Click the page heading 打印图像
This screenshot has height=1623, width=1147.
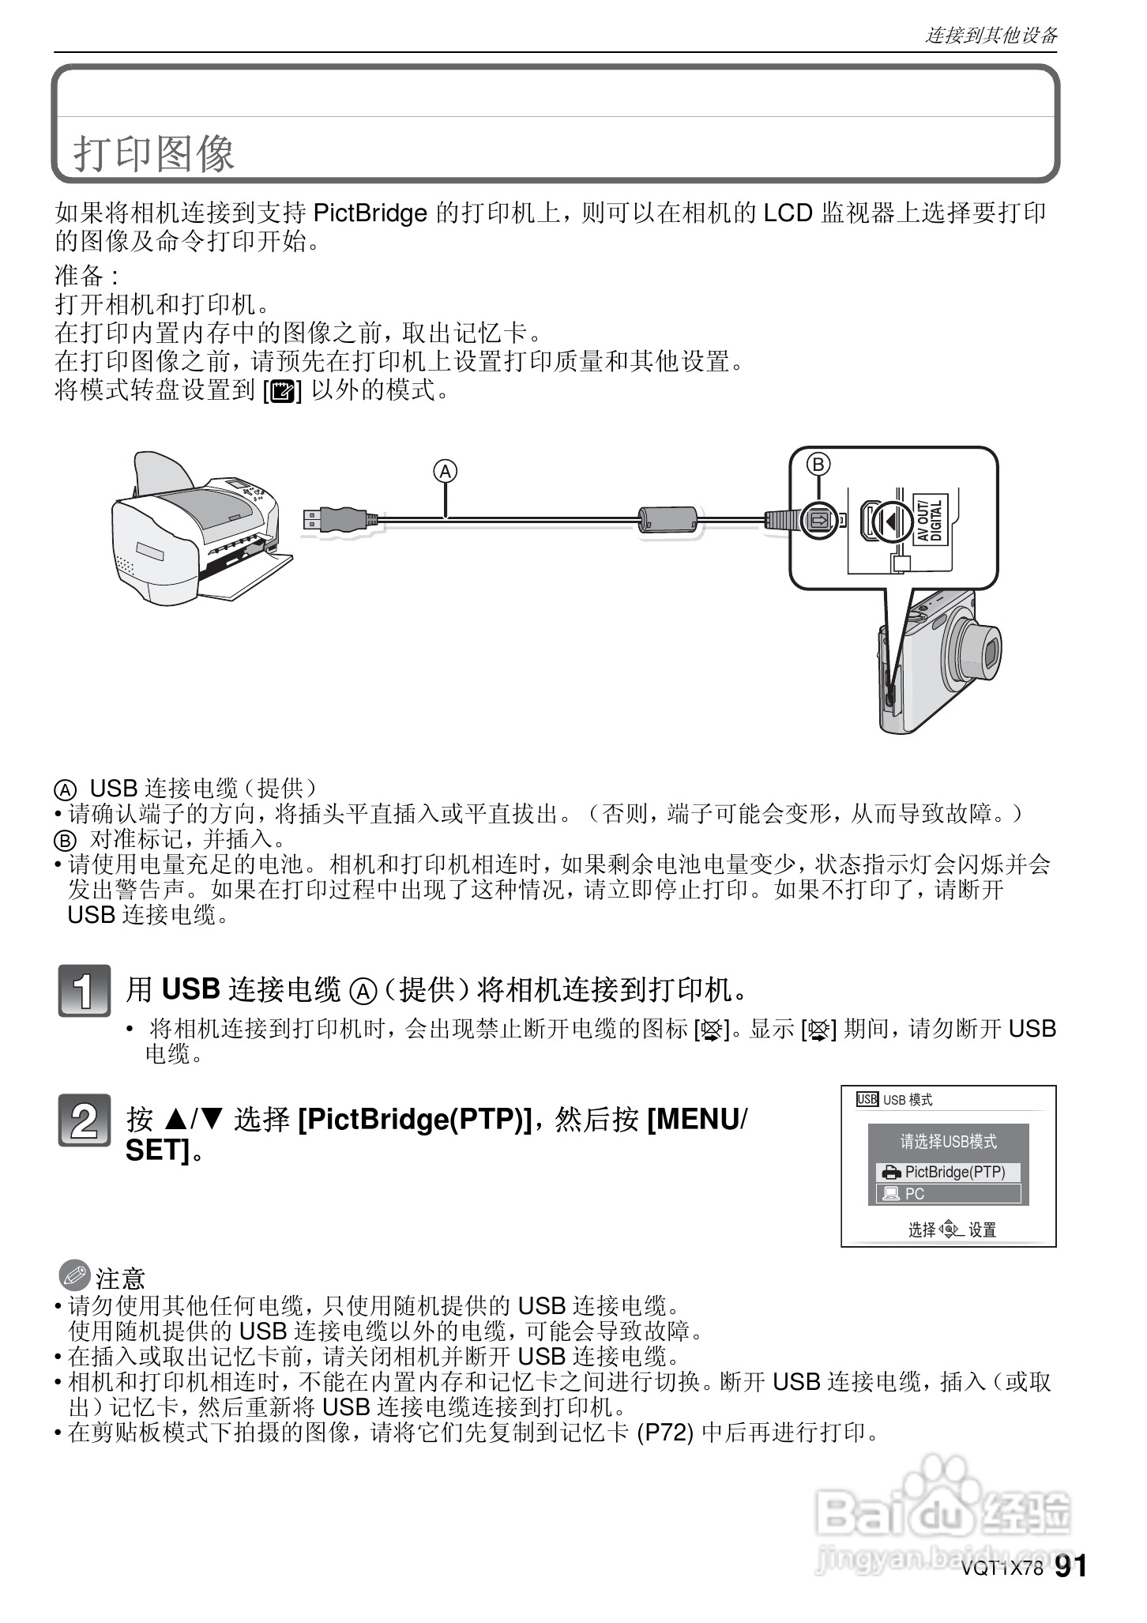coord(154,153)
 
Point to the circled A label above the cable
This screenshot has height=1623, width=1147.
coord(446,472)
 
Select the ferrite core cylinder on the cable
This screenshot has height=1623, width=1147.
coord(668,520)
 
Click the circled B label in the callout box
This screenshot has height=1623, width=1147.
coord(818,464)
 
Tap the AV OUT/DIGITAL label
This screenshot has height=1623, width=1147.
coord(930,520)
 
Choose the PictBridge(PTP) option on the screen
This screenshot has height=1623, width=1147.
coord(948,1173)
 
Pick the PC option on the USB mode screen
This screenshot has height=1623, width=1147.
coord(948,1194)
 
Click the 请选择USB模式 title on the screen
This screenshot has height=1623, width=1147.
coord(949,1142)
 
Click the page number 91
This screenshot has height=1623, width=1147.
coord(1070,1567)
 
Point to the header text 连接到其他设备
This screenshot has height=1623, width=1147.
coord(991,35)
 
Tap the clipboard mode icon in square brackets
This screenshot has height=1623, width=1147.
coord(282,390)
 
